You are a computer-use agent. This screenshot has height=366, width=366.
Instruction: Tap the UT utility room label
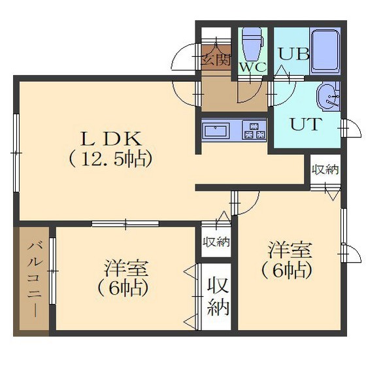coord(306,124)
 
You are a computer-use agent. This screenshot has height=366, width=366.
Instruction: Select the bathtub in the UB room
coord(325,51)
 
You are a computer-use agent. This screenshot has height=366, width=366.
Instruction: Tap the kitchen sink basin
coord(215,131)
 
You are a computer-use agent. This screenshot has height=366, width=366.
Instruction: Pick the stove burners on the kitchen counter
coord(255,130)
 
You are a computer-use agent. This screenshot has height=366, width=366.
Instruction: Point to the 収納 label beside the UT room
coord(325,170)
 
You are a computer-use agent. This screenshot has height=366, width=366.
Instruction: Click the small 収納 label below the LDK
coord(216,241)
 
